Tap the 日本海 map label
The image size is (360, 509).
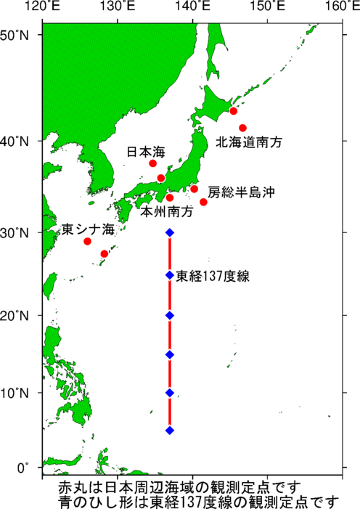pyautogui.click(x=146, y=152)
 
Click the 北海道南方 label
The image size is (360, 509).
pyautogui.click(x=246, y=144)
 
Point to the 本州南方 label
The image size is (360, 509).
pyautogui.click(x=168, y=213)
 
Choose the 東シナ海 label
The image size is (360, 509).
pyautogui.click(x=88, y=230)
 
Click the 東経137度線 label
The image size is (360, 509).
pyautogui.click(x=213, y=276)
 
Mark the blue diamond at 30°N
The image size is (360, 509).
pyautogui.click(x=170, y=232)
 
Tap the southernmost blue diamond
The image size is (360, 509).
pyautogui.click(x=170, y=431)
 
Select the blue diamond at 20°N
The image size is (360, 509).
pyautogui.click(x=170, y=315)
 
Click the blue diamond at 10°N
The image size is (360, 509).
pyautogui.click(x=170, y=393)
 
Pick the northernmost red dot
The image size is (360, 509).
pyautogui.click(x=234, y=111)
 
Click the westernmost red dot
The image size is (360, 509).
pyautogui.click(x=88, y=241)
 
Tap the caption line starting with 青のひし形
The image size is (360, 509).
pyautogui.click(x=200, y=500)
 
